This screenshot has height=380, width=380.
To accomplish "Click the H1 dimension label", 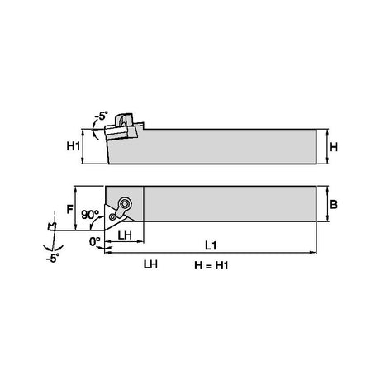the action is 73,146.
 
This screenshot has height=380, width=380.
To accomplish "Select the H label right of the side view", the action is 334,147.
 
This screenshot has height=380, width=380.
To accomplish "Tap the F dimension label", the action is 70,210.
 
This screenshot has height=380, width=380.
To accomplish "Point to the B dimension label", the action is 334,205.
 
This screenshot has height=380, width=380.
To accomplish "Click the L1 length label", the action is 211,245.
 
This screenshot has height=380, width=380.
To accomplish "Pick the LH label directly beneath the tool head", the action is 125,235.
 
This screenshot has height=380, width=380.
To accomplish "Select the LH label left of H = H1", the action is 150,264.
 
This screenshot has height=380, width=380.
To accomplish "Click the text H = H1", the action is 211,266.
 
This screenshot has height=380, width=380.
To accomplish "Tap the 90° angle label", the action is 90,215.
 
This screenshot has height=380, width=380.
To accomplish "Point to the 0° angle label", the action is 94,242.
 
